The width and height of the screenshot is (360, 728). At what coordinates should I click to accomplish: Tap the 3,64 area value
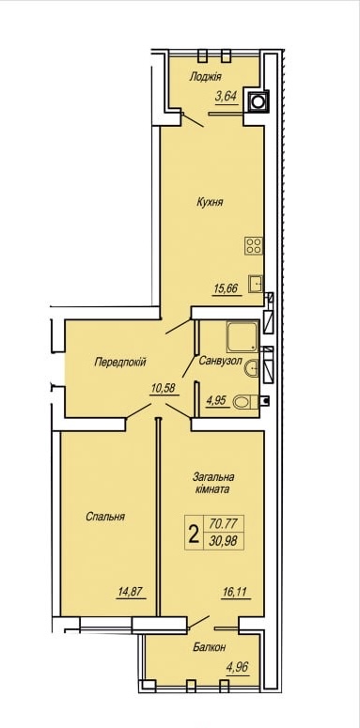[227, 97]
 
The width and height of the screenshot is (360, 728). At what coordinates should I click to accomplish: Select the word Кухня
[210, 202]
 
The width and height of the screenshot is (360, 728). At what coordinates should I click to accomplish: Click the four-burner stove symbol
[254, 245]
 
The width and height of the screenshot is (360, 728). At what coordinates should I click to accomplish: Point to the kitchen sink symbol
[256, 283]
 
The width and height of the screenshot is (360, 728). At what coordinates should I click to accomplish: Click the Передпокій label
[120, 363]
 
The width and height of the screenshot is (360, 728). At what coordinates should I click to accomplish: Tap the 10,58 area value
[163, 389]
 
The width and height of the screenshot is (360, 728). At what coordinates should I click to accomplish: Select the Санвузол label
[220, 361]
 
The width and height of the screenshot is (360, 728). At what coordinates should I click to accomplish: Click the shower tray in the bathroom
[242, 336]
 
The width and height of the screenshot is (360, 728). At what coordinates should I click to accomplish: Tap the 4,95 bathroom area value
[217, 400]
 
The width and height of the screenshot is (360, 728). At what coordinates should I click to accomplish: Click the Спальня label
[105, 517]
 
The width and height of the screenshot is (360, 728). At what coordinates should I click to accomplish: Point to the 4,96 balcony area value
[238, 667]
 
